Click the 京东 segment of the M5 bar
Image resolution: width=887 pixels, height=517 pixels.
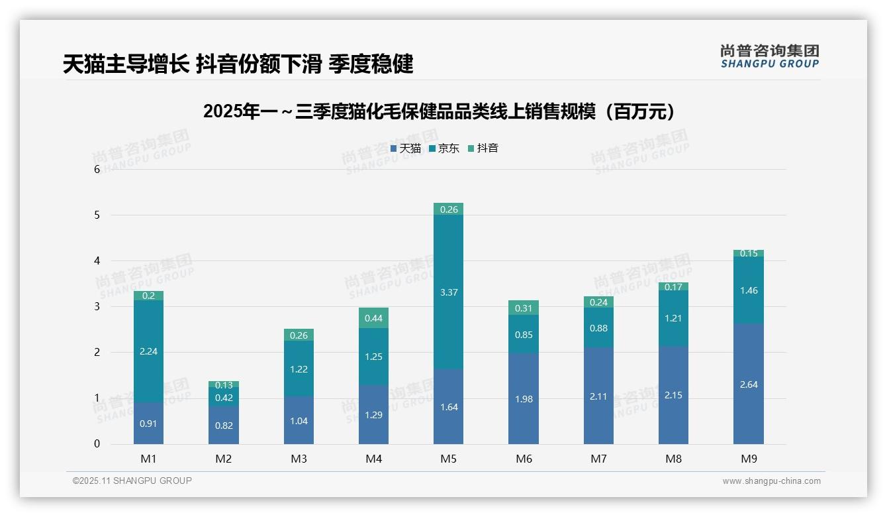pos(448,292)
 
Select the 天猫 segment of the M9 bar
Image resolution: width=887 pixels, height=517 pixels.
pos(748,384)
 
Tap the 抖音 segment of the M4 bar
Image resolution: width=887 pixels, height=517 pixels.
pos(373,318)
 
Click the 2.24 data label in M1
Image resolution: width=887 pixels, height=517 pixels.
pos(148,351)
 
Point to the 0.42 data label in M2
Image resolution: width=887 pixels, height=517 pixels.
pos(224,398)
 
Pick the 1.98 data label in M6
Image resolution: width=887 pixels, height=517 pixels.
pos(524,399)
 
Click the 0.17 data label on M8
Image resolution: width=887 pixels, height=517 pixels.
pos(673,287)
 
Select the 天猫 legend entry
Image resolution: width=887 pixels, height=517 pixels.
pos(406,148)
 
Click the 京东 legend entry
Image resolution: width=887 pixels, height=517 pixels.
pos(444,148)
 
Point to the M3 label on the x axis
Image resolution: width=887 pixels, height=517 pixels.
pos(299,459)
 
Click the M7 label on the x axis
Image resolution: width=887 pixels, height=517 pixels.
pos(598,459)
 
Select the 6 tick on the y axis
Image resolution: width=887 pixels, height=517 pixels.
pos(97,169)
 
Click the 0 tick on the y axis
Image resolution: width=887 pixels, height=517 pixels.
pos(97,444)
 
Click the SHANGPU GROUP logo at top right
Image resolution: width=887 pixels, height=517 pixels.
pos(769,56)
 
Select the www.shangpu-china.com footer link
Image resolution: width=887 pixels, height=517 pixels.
pos(771,481)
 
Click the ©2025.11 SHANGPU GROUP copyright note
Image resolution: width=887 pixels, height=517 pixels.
pos(132,481)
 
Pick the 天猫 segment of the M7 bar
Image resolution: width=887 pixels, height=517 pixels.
pos(598,396)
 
